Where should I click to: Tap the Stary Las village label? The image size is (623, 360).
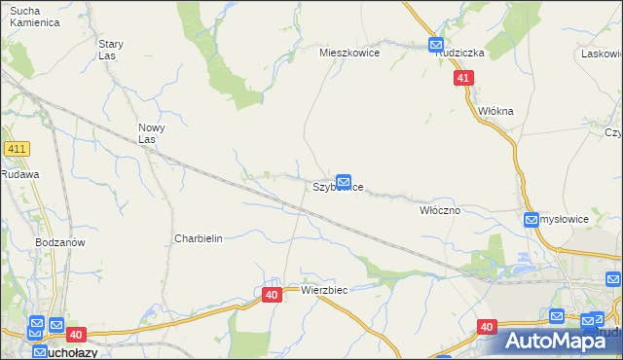(110, 50)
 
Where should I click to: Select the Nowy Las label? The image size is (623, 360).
(151, 133)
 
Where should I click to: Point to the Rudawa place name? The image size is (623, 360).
(19, 174)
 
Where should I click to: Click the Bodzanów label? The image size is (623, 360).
(60, 241)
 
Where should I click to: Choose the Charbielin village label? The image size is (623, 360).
(199, 238)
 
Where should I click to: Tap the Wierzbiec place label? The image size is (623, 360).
(324, 290)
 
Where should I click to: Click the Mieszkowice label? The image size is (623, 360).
(349, 54)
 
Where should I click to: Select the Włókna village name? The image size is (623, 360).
(495, 111)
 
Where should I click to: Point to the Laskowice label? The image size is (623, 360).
(602, 54)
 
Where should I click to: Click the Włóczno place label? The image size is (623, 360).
(439, 210)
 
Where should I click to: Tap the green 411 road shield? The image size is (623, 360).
(17, 149)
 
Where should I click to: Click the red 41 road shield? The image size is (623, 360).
(464, 78)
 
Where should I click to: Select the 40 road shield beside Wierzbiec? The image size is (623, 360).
(272, 293)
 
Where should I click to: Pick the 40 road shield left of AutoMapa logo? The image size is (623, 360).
(488, 327)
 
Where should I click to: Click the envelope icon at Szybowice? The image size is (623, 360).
(343, 181)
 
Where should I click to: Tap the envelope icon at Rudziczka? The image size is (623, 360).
(435, 45)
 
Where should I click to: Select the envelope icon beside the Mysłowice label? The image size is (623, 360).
(531, 220)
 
